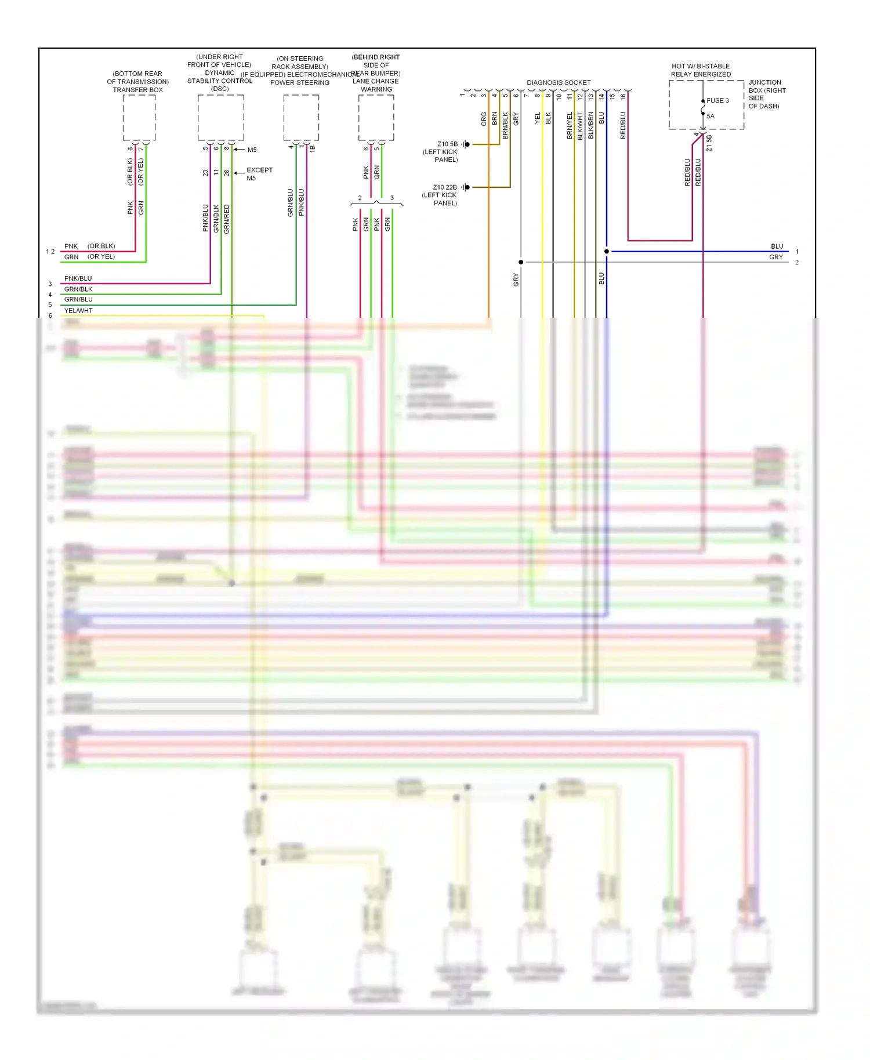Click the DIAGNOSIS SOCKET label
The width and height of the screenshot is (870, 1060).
pos(558,83)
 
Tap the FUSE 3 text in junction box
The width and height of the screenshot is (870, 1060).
pos(717,101)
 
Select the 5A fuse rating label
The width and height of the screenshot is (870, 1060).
pos(710,117)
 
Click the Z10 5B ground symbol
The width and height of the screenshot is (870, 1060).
pos(466,144)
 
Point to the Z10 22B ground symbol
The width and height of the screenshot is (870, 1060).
pos(466,187)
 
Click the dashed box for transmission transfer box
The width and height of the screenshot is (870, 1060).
pos(139,118)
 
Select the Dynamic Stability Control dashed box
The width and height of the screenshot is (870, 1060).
pos(220,118)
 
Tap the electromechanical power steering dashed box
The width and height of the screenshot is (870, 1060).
pos(301,118)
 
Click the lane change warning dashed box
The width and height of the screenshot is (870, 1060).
pos(376,118)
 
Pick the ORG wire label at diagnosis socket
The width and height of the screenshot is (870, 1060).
pos(484,119)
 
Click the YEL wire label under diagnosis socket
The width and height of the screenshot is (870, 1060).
pos(537,118)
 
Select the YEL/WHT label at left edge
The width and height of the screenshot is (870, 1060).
pos(78,311)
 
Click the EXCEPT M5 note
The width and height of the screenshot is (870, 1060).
pos(259,174)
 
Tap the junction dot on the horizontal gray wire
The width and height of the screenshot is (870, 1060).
pos(521,262)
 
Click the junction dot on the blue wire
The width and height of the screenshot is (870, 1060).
pos(607,252)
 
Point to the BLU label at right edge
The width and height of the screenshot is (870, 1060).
pos(777,246)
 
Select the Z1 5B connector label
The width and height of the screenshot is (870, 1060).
pos(709,143)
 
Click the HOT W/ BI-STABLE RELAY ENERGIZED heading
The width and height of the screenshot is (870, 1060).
pos(701,70)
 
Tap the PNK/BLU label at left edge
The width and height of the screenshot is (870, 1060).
pos(78,279)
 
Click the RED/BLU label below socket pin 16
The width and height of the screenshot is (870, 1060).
pos(623,125)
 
